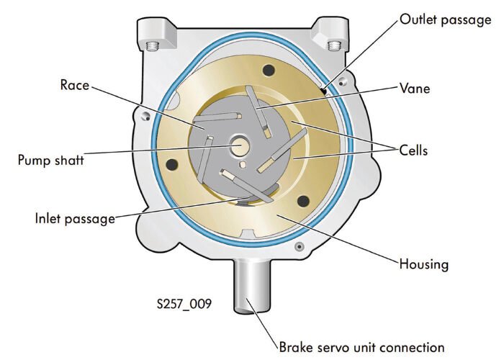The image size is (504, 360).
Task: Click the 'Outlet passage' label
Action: (x=446, y=19)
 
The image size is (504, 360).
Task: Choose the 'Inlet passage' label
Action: (x=75, y=217)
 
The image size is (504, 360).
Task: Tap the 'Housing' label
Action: (x=423, y=264)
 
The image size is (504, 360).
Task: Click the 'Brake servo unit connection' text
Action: (x=362, y=346)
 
